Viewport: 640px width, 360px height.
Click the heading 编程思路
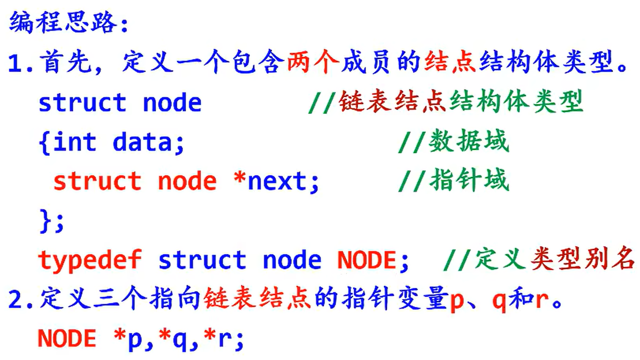63,22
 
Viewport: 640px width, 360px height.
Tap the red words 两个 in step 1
312,62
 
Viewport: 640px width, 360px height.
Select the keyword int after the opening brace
75,142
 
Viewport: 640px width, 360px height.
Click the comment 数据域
469,141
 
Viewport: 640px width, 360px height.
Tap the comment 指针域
469,180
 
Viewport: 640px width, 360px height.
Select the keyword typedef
90,261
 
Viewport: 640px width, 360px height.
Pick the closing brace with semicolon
51,221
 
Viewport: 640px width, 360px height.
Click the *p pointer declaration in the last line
128,339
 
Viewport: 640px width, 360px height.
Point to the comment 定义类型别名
554,259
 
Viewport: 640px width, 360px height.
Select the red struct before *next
97,181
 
